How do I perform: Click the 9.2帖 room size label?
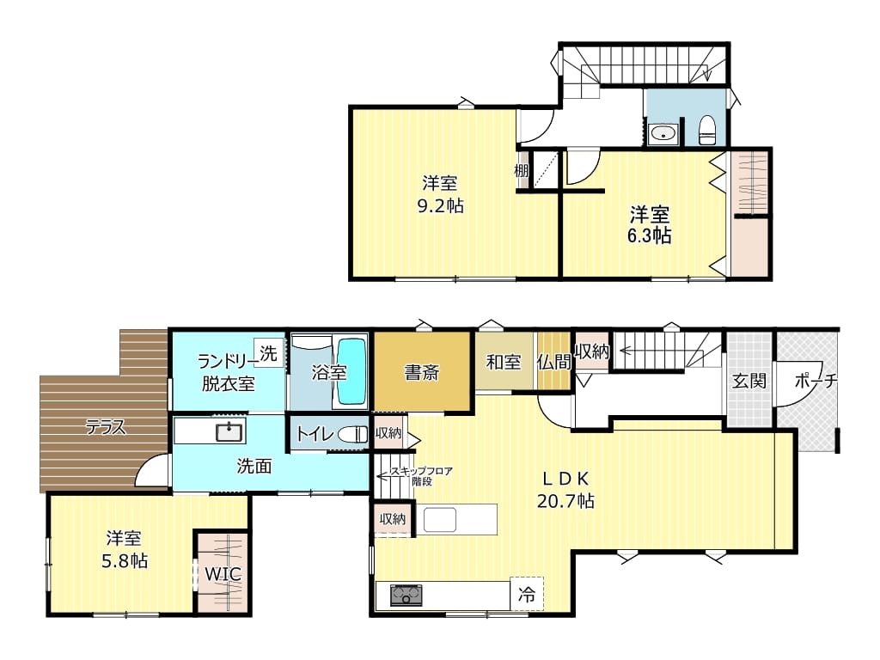coord(441,206)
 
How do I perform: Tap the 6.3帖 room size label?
coord(650,235)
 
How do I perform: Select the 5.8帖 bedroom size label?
coord(125,560)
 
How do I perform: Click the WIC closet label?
coord(223,574)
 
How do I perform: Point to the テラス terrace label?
coord(106,428)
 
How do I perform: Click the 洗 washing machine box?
coord(268,353)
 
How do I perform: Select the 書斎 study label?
coord(421,373)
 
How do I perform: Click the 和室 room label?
coord(504,362)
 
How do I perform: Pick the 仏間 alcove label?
coord(554,362)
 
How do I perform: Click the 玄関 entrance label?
coord(749,381)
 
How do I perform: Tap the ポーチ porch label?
coord(816,381)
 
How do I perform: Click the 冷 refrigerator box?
coord(527,594)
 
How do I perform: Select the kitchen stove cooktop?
coord(406,595)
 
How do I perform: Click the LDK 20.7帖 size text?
coord(565,501)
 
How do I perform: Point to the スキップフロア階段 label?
coord(421,476)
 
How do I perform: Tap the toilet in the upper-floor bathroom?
coord(707,131)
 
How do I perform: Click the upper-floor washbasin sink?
coord(663,133)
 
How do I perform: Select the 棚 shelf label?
coord(522,170)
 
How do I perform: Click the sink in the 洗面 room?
coord(229,433)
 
